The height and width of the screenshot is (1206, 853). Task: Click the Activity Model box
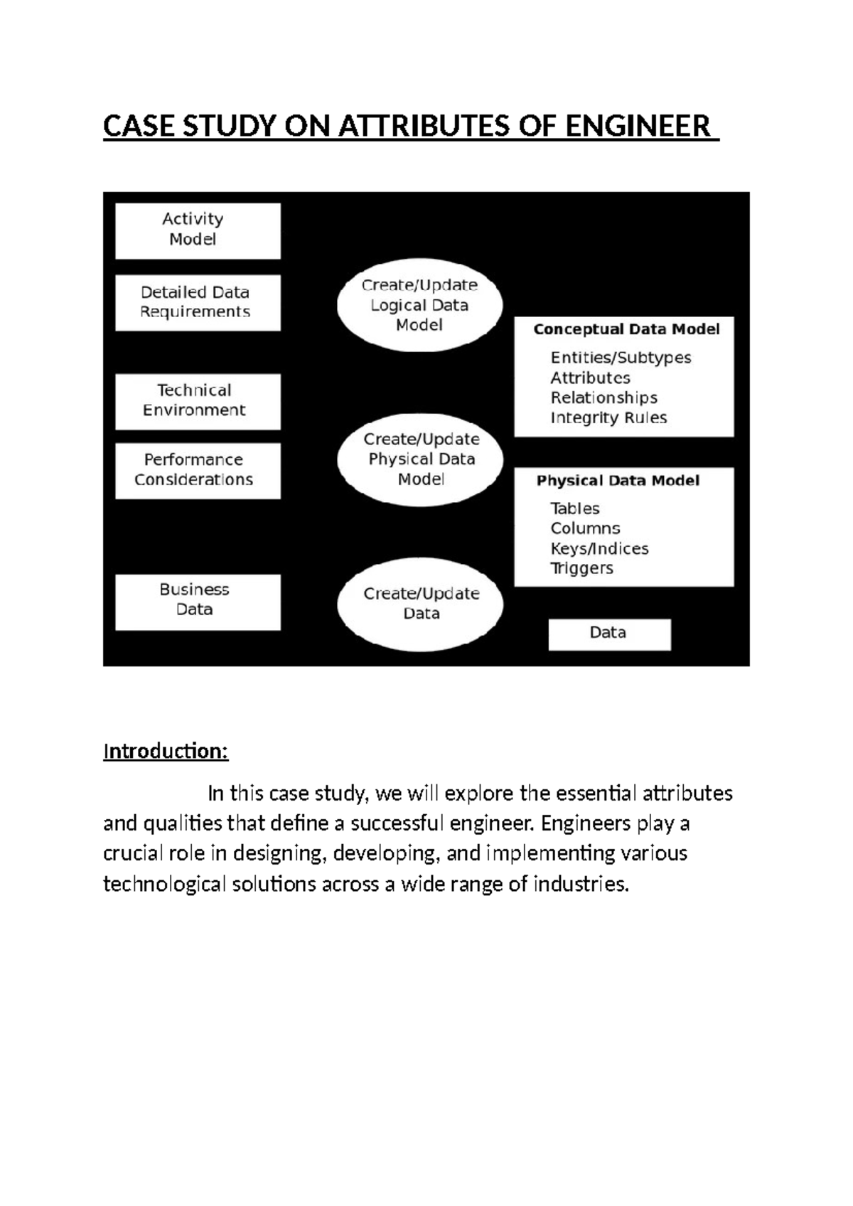(198, 230)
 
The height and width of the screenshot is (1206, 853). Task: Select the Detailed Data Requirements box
(198, 302)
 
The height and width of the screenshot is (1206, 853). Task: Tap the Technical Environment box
(198, 401)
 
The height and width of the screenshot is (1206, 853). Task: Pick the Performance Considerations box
(198, 470)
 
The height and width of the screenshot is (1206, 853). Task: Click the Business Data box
(198, 601)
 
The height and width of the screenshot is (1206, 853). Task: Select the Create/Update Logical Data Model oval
(419, 305)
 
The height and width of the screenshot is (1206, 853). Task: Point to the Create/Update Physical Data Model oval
(421, 459)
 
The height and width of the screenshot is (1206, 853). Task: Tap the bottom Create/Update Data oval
(421, 604)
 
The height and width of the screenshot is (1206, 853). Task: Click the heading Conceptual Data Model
(626, 329)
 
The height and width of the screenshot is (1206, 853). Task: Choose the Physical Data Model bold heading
(618, 481)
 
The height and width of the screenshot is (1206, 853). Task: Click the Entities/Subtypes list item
(621, 358)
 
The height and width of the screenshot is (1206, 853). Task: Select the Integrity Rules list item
(608, 417)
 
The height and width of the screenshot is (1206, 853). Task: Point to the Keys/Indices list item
(599, 548)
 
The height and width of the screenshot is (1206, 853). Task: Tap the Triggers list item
(581, 568)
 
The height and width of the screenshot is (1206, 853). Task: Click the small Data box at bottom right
(609, 634)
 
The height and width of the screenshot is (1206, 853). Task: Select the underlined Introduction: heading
(166, 751)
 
